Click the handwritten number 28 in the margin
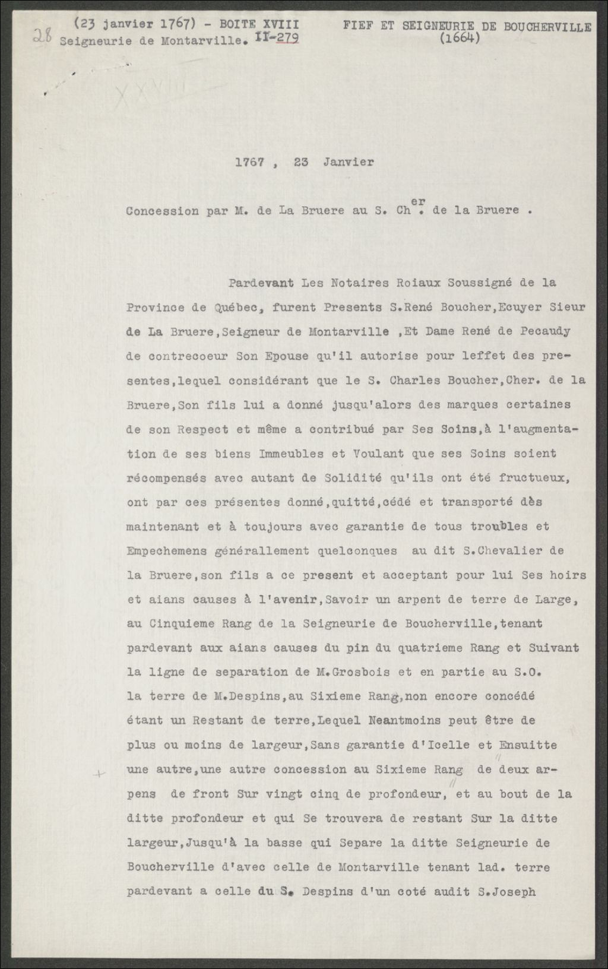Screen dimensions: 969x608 point(42,37)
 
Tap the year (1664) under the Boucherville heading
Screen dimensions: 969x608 point(459,39)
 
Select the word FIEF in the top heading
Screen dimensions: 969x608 point(359,26)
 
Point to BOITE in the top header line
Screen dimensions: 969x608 point(237,24)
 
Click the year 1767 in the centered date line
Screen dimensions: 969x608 point(249,162)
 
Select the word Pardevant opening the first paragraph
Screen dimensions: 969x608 point(261,283)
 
